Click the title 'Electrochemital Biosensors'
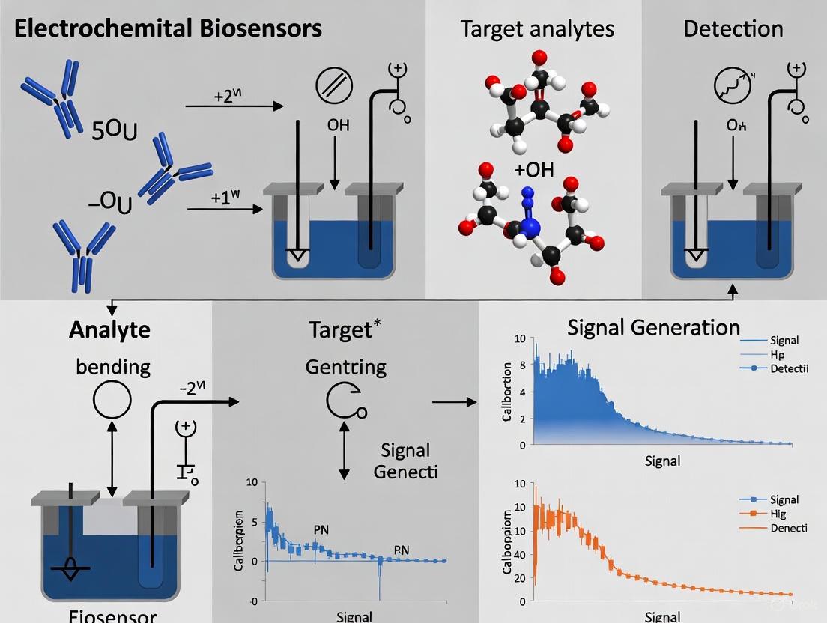point(168,29)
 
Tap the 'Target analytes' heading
point(537,29)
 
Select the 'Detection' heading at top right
point(733,29)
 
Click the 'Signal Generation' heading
point(653,327)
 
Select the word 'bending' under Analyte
point(113,367)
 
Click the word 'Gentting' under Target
point(346,367)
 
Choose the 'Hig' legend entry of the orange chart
point(779,514)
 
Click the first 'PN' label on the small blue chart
point(321,529)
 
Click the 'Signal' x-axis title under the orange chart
point(662,616)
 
